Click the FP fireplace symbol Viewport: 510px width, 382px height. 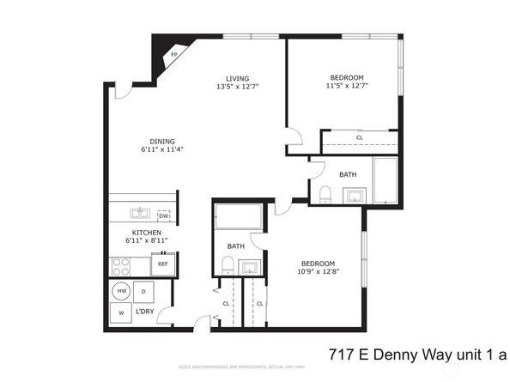point(174,55)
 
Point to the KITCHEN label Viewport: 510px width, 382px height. point(148,233)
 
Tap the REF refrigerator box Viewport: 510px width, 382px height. point(162,264)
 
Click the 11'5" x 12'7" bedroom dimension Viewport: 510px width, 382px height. point(345,86)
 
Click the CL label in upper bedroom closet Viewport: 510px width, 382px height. point(359,137)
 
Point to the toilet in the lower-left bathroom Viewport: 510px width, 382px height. point(228,267)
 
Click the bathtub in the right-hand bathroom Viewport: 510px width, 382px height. point(386,179)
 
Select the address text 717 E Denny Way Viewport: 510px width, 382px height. point(396,354)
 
